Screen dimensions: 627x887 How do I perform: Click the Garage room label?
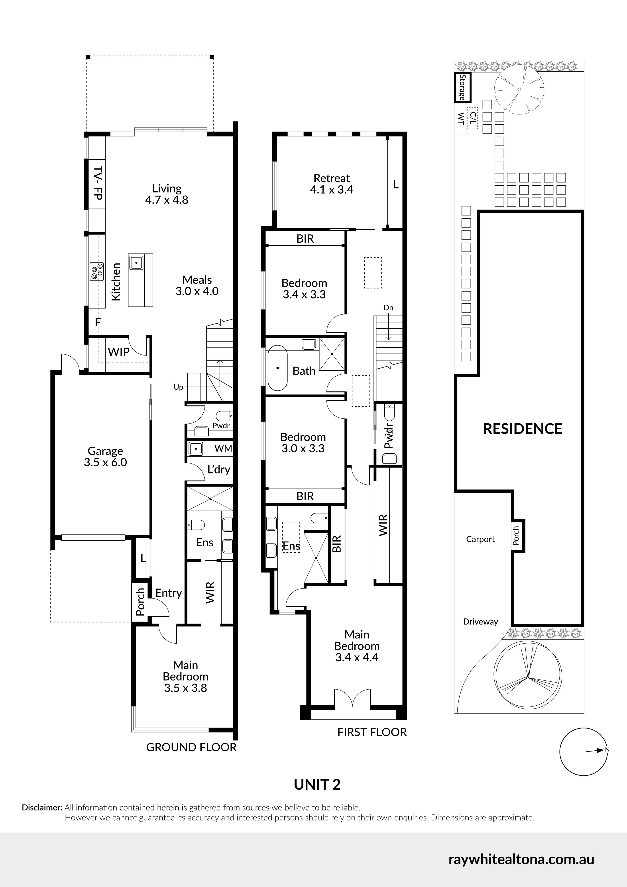pyautogui.click(x=106, y=451)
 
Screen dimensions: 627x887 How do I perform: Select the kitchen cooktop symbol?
pyautogui.click(x=96, y=271)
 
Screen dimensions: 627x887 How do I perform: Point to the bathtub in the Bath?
pyautogui.click(x=278, y=368)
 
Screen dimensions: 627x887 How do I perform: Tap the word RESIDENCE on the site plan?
pyautogui.click(x=523, y=429)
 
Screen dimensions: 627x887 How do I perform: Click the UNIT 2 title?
pyautogui.click(x=317, y=784)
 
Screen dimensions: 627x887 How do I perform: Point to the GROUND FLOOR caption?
pyautogui.click(x=191, y=747)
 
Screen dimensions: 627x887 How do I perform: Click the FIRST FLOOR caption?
pyautogui.click(x=372, y=732)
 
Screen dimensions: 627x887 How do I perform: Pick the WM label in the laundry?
pyautogui.click(x=223, y=448)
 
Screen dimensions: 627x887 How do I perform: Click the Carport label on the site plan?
pyautogui.click(x=480, y=539)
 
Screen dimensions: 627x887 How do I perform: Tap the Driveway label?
pyautogui.click(x=481, y=622)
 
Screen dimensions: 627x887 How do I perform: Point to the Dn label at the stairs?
pyautogui.click(x=388, y=308)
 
